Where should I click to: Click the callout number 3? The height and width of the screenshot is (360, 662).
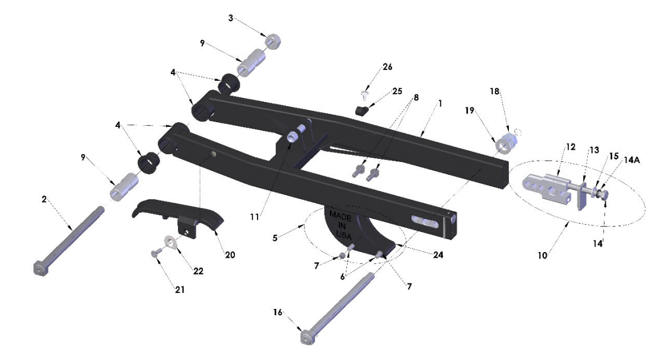click(231, 18)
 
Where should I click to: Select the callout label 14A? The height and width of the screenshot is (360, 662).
click(632, 160)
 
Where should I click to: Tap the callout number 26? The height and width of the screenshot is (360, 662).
click(387, 66)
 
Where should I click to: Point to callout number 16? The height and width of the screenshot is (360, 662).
click(278, 313)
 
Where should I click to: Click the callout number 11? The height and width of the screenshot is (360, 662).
click(254, 217)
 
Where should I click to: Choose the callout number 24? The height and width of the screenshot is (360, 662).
click(438, 254)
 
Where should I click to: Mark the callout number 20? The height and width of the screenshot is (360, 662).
click(230, 254)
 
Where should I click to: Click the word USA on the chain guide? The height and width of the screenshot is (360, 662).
click(344, 236)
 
